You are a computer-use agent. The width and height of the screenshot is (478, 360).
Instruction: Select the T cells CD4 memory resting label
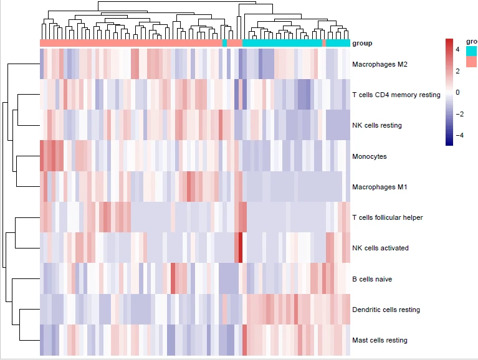(396, 95)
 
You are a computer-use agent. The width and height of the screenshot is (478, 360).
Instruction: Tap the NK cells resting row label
(376, 125)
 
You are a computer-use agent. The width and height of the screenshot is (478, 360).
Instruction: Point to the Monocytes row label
(369, 156)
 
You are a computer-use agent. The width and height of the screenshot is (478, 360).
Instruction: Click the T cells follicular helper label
(387, 217)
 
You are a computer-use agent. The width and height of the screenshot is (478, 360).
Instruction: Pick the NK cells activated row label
(380, 248)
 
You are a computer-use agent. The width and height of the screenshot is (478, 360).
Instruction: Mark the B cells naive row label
(372, 279)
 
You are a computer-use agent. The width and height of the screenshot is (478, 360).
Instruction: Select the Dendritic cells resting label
(386, 310)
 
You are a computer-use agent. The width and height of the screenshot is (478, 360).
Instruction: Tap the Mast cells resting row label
(380, 340)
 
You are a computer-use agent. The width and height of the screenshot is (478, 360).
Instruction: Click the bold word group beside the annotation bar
(362, 44)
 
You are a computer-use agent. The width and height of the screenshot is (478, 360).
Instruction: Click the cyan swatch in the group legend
(472, 50)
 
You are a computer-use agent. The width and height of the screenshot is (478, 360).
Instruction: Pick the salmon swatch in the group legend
(472, 61)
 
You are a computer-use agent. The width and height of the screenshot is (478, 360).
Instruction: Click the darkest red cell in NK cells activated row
(241, 248)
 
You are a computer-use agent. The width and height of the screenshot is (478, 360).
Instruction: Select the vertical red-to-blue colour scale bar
(449, 92)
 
